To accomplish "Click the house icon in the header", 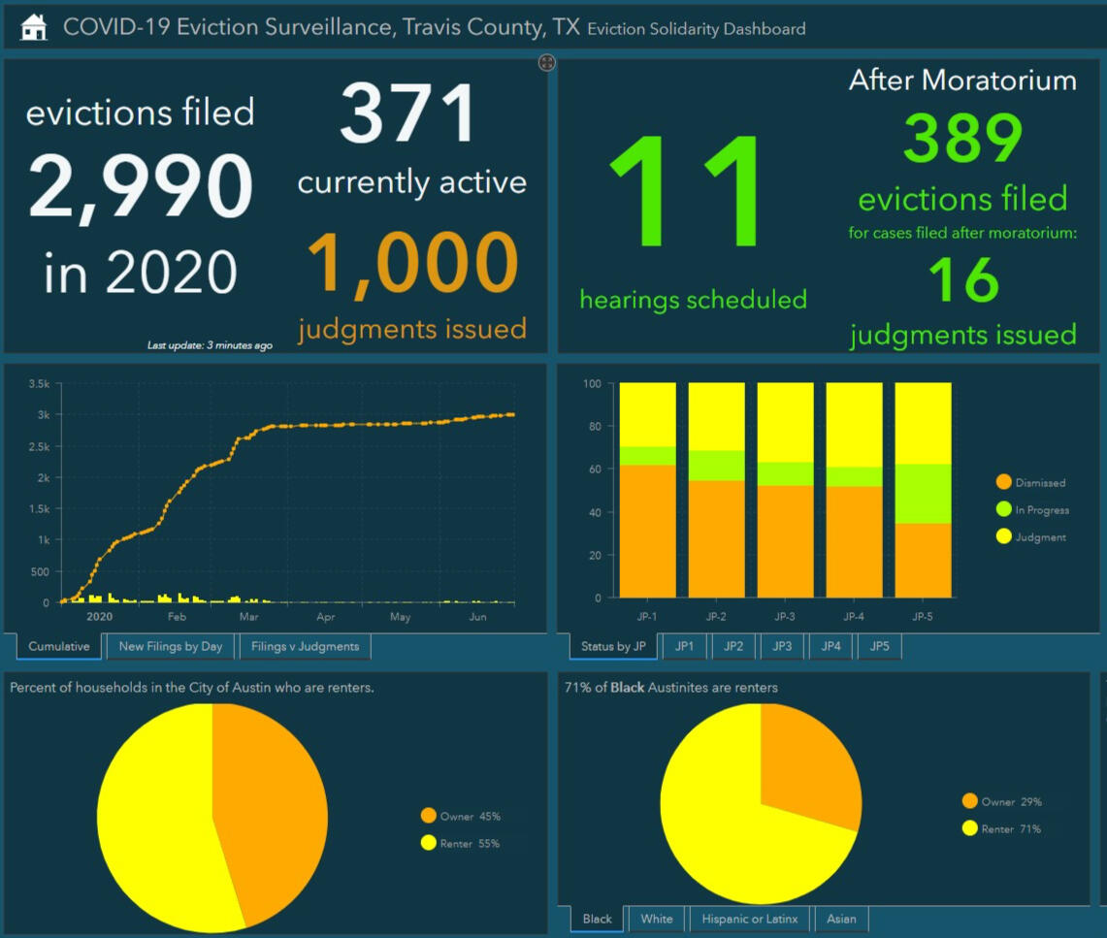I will (x=34, y=27).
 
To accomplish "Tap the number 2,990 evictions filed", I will (x=141, y=187).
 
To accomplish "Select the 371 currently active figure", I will (x=408, y=114).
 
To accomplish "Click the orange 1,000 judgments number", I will (x=412, y=265).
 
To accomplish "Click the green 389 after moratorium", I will (x=962, y=139).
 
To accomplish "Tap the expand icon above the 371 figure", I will (x=546, y=63).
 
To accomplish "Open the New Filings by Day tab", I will (x=171, y=646).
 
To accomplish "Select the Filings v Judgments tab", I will (x=305, y=646).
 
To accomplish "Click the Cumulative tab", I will (x=59, y=646).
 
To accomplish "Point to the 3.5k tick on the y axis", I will (x=39, y=384).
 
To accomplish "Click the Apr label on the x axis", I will (x=325, y=617).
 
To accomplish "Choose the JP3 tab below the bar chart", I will (x=784, y=646).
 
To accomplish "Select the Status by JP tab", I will (x=614, y=646).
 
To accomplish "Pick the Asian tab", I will (x=841, y=919).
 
